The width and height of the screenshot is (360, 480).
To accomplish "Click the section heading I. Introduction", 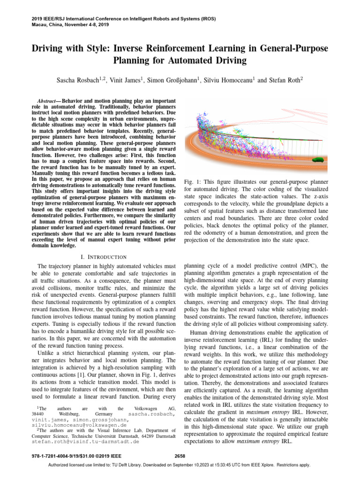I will tap(104, 256).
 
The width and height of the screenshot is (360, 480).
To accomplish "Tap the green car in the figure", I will tap(319, 159).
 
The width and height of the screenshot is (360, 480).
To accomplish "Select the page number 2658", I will tap(180, 455).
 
